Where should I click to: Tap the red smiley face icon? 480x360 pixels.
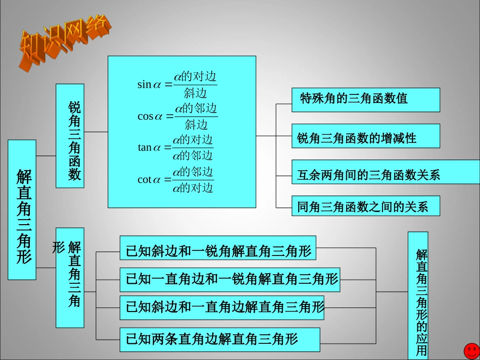[x=471, y=350]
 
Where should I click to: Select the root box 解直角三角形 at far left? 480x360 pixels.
[x=22, y=210]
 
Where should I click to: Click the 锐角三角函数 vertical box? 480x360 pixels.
[x=70, y=136]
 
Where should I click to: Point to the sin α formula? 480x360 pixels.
[x=177, y=84]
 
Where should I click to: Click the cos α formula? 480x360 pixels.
[x=177, y=116]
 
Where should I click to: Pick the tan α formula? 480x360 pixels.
[x=175, y=147]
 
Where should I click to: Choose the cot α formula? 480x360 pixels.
[x=175, y=179]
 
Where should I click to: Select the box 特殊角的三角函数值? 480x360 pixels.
[x=365, y=99]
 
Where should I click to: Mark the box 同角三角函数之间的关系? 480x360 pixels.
[x=365, y=206]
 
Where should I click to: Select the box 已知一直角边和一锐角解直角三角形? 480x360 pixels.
[x=229, y=279]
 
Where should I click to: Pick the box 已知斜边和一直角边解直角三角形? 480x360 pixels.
[x=222, y=307]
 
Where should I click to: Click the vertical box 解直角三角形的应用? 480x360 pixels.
[x=418, y=295]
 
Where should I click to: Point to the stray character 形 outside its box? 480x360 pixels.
[x=59, y=247]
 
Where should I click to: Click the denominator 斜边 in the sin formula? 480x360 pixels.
[x=196, y=93]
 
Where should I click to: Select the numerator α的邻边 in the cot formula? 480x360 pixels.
[x=193, y=172]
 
